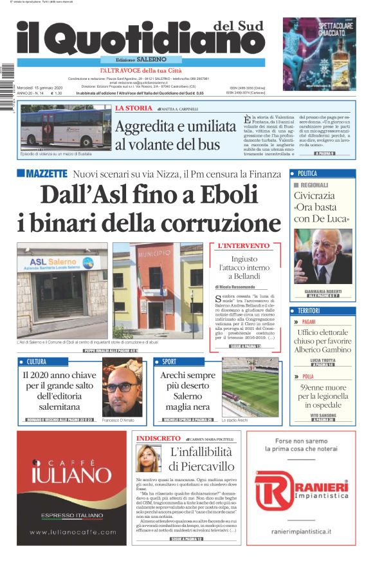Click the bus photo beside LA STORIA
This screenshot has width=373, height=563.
click(x=66, y=128)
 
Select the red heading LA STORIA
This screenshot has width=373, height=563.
click(x=134, y=109)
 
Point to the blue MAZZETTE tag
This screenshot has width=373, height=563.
click(x=42, y=173)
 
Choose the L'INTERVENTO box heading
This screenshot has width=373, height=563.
click(x=244, y=246)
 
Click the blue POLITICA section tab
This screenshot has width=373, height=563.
click(x=307, y=173)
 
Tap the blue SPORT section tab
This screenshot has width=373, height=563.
click(x=169, y=361)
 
